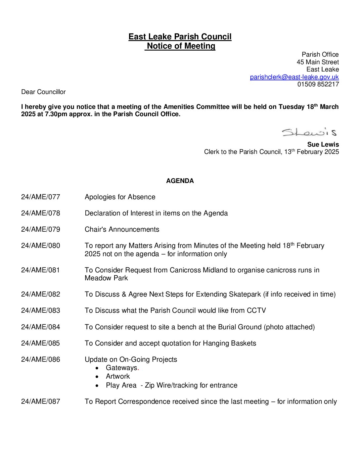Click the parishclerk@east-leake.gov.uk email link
pyautogui.click(x=294, y=77)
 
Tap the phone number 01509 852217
pyautogui.click(x=318, y=84)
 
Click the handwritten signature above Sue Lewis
pyautogui.click(x=309, y=132)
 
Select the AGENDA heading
pyautogui.click(x=180, y=181)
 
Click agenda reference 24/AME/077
pyautogui.click(x=41, y=197)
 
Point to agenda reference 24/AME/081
pyautogui.click(x=41, y=270)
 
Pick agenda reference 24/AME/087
pyautogui.click(x=41, y=402)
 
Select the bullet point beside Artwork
pyautogui.click(x=97, y=377)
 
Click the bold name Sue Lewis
pyautogui.click(x=323, y=145)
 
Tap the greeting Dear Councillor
pyautogui.click(x=43, y=92)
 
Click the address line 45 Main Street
pyautogui.click(x=318, y=62)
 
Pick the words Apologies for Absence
pyautogui.click(x=120, y=197)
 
